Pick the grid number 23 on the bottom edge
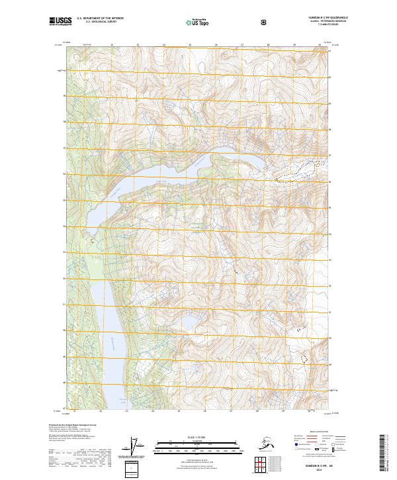[126, 412]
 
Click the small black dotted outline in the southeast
[305, 358]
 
